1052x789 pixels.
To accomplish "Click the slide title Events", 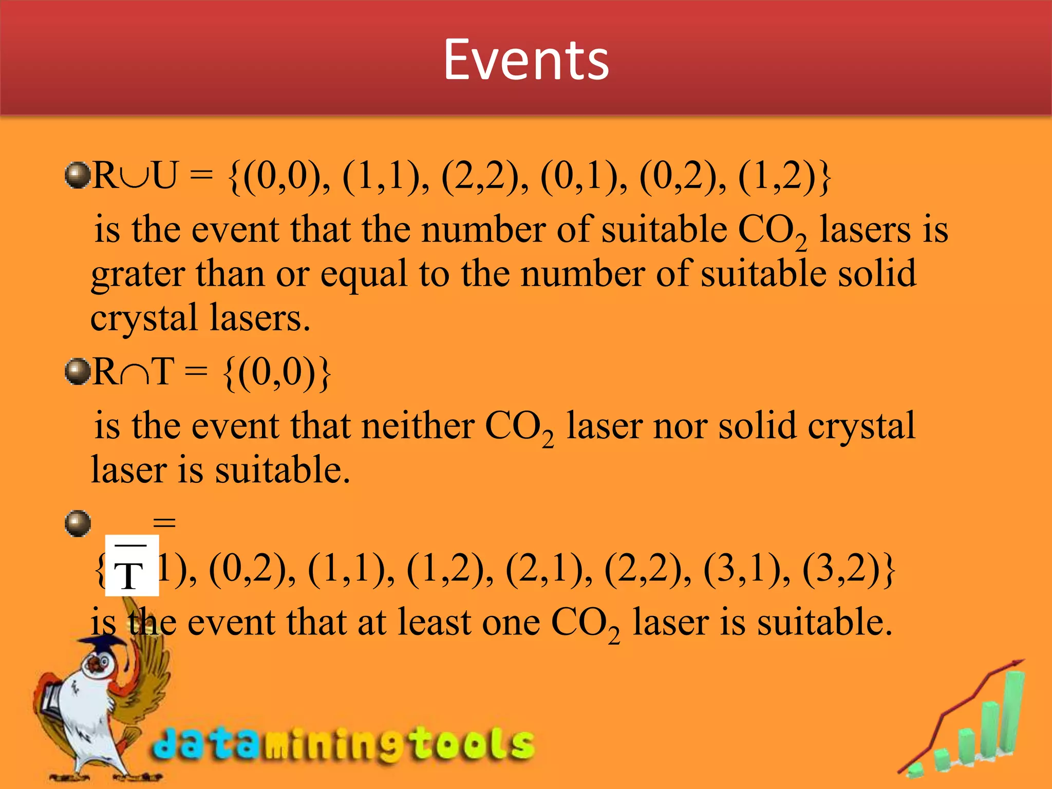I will [x=525, y=60].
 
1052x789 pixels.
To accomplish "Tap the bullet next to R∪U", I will [x=78, y=175].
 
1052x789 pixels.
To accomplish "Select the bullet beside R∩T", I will [x=78, y=371].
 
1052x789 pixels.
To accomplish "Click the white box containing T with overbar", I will [x=131, y=565].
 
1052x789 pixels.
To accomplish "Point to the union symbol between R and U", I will [x=135, y=177].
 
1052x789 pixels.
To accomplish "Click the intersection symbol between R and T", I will [x=135, y=374].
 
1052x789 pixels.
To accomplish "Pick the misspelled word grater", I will [x=138, y=275].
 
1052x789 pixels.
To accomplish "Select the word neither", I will [x=418, y=426].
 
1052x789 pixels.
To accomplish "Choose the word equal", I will [x=364, y=275].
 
